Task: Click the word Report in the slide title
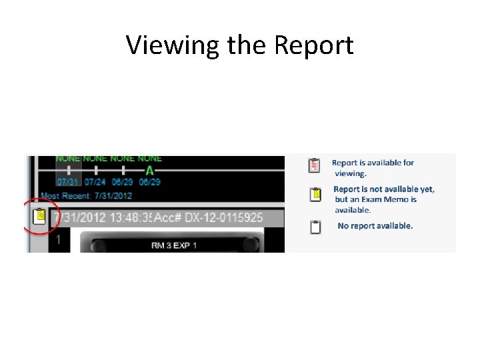click(x=313, y=45)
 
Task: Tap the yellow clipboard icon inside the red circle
click(x=39, y=217)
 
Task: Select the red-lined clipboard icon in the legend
click(x=314, y=165)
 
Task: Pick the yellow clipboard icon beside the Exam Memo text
click(x=315, y=195)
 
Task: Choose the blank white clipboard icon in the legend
click(x=315, y=227)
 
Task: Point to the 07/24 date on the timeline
click(x=95, y=181)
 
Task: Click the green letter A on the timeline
click(x=149, y=171)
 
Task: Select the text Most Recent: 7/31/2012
click(x=86, y=195)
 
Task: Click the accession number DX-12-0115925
click(x=221, y=218)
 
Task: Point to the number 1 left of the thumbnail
click(x=58, y=239)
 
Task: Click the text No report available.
click(x=375, y=226)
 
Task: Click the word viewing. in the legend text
click(x=351, y=173)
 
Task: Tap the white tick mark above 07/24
click(x=95, y=171)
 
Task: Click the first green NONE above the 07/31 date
click(x=68, y=159)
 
